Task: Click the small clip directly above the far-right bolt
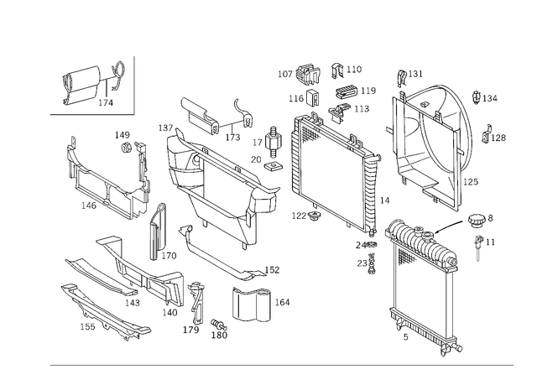point(479,221)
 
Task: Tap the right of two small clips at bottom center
point(220,332)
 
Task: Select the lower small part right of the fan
point(495,133)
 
